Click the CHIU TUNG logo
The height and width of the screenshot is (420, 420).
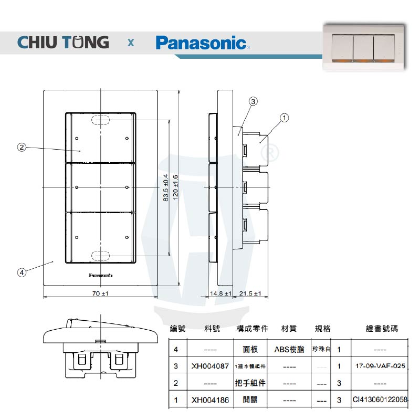tap(63, 42)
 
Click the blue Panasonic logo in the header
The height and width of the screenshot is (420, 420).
tap(201, 42)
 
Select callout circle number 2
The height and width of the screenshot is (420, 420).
tap(22, 147)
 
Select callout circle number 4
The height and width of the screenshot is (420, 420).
tap(22, 272)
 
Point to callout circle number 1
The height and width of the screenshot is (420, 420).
tap(283, 118)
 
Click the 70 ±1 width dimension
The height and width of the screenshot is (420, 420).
tap(100, 293)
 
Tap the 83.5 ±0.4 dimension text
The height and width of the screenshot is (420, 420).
tap(165, 187)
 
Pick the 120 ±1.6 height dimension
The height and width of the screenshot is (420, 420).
tap(176, 187)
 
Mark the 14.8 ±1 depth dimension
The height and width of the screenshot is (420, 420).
tap(220, 293)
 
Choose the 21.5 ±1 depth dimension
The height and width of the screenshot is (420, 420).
tap(250, 293)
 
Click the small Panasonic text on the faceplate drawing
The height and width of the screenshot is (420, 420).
tap(100, 274)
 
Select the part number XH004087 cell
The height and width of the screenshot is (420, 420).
tap(210, 366)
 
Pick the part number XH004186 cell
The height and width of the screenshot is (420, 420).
tap(210, 400)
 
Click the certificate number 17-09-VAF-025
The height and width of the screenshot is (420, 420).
tap(381, 366)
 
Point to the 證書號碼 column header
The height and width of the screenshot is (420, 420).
tap(382, 329)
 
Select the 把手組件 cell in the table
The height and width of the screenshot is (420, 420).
tap(250, 383)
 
